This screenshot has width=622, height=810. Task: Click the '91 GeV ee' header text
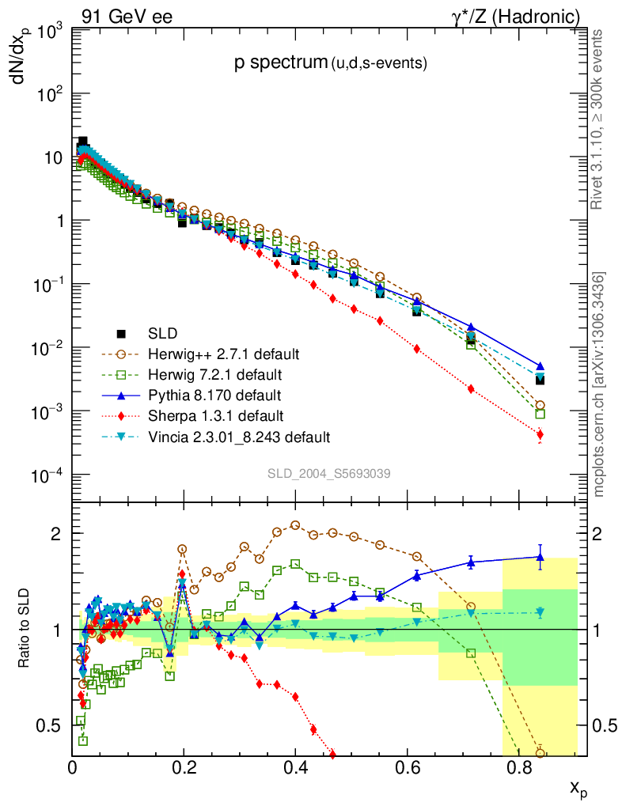click(127, 15)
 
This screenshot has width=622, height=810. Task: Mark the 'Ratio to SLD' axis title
click(25, 628)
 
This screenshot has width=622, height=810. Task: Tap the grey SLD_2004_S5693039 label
click(328, 473)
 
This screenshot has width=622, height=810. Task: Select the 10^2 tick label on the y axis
click(47, 94)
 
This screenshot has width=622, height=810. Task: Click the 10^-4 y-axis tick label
click(47, 475)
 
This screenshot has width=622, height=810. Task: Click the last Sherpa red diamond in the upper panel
click(540, 434)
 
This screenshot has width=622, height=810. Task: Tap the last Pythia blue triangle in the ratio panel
click(540, 557)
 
